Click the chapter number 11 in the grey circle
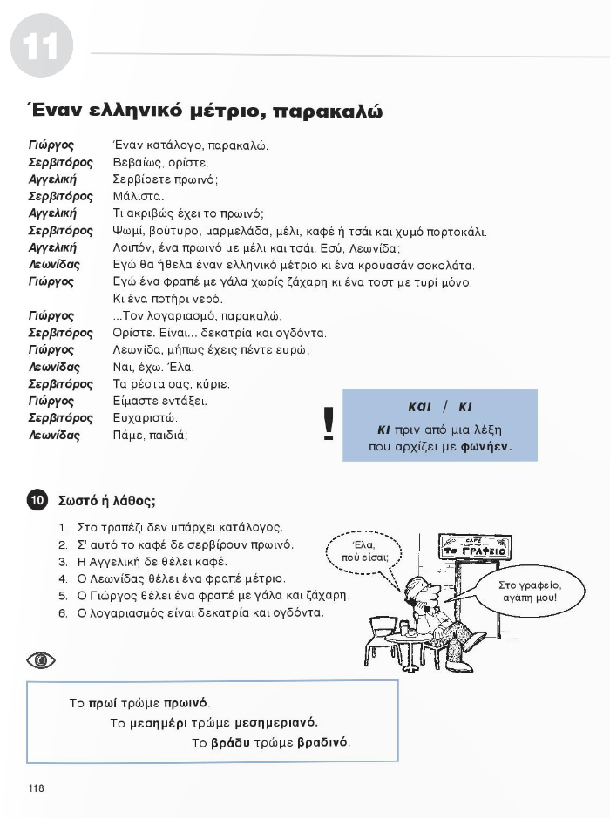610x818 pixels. coord(41,47)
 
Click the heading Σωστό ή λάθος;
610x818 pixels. coord(106,501)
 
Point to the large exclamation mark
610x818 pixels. coord(329,424)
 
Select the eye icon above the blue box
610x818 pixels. coord(40,660)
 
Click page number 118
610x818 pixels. coord(36,788)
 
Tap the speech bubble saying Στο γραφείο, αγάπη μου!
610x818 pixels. coord(531,592)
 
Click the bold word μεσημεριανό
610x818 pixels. coord(276,722)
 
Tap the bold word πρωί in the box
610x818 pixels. coord(102,702)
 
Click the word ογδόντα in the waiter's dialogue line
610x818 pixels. coord(302,333)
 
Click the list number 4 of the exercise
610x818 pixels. coord(64,579)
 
